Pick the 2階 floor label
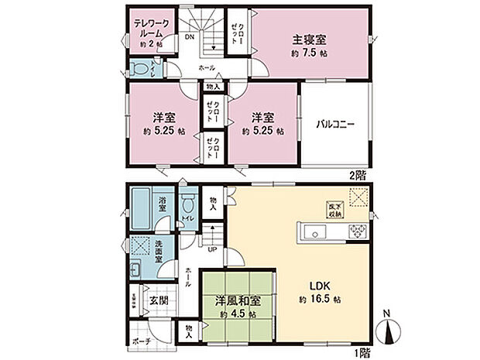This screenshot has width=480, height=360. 357,175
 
